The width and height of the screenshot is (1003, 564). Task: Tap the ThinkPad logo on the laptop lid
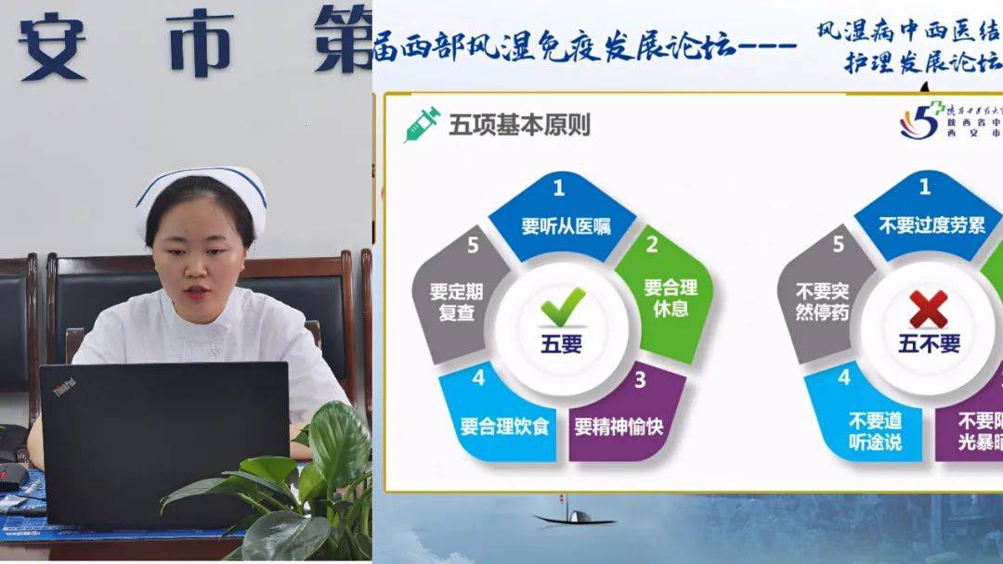63,387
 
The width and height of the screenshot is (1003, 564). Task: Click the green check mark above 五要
563,306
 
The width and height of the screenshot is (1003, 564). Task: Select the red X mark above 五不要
928,308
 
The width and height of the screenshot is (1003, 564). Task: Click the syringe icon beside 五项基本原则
422,124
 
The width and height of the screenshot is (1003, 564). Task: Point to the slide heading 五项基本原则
519,124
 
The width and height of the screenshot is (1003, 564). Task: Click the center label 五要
562,344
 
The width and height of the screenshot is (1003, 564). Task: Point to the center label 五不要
928,344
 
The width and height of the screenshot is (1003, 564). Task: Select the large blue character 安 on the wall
52,42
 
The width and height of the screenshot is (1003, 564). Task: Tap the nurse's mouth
195,292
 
